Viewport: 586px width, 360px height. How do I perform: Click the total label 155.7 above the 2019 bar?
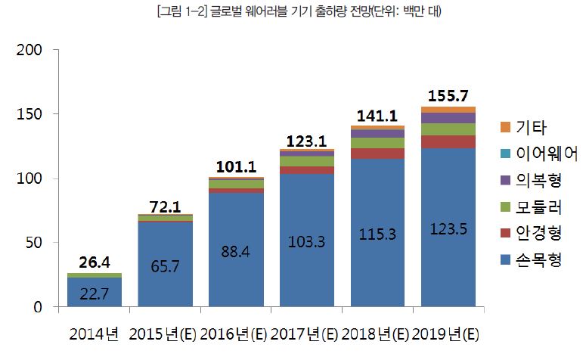click(448, 96)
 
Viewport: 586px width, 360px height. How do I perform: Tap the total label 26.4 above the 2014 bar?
click(95, 262)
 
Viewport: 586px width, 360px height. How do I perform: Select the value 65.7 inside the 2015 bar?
click(165, 266)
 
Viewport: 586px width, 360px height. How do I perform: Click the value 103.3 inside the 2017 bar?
click(307, 242)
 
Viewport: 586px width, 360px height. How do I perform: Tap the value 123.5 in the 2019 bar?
click(448, 229)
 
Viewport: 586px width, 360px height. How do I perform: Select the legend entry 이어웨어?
click(547, 154)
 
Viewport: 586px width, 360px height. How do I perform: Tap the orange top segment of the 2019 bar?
click(448, 110)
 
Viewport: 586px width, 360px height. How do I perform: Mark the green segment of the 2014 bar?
click(95, 275)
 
